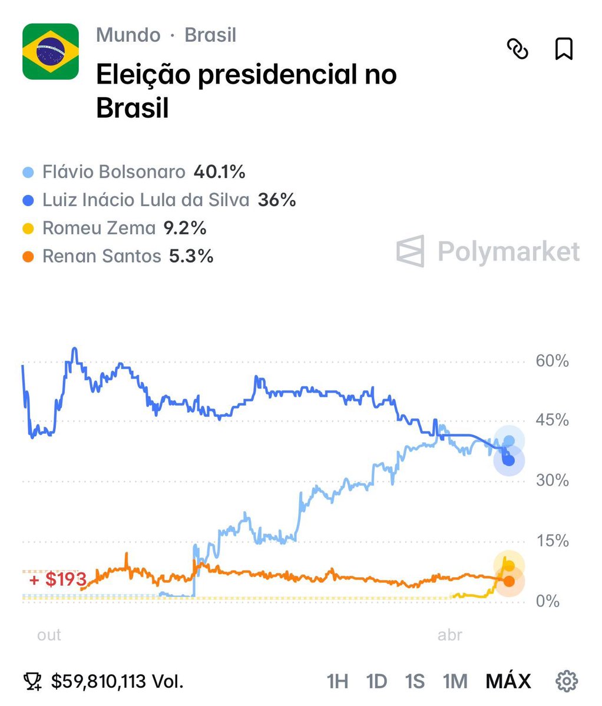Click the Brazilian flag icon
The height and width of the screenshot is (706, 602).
51,51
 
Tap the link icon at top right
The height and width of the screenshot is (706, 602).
518,49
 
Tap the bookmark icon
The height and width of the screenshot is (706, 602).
564,49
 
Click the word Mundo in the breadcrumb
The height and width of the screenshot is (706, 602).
128,35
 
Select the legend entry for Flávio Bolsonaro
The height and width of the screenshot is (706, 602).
114,172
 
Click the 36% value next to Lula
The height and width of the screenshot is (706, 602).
277,200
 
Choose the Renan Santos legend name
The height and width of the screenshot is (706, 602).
101,256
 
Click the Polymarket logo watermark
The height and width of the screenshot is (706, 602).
488,251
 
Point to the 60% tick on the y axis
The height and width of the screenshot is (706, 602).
552,361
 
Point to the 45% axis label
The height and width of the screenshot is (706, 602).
552,420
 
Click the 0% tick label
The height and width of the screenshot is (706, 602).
547,601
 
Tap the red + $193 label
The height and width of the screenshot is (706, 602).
58,579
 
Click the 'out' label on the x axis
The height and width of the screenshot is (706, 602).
49,635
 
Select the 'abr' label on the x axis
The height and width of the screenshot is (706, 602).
450,635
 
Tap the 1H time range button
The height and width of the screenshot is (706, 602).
337,681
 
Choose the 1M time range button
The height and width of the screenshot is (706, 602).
455,681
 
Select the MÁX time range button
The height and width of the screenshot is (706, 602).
508,681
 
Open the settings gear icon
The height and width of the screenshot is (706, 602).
566,681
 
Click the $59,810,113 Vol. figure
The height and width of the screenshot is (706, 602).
117,681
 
